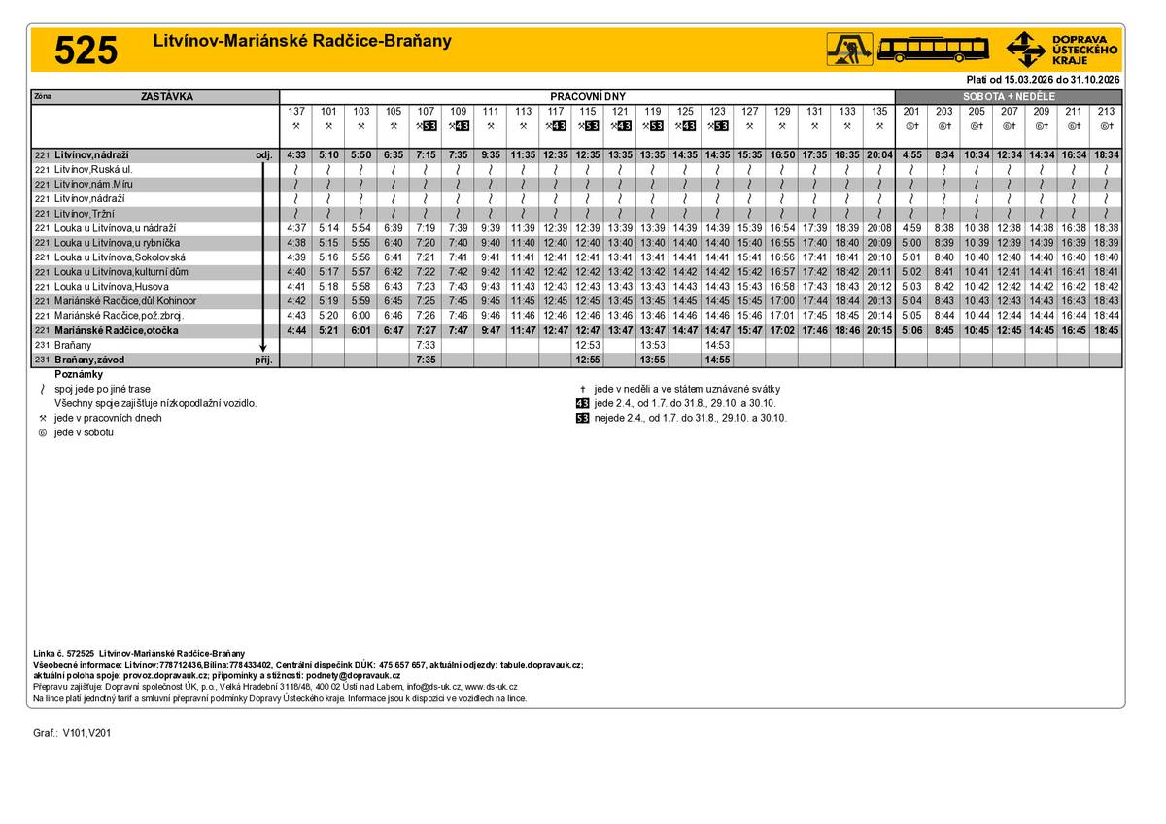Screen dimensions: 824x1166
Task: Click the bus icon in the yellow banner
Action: pyautogui.click(x=933, y=48)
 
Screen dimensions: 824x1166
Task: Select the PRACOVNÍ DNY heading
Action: pyautogui.click(x=587, y=97)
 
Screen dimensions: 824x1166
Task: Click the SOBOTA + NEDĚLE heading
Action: pyautogui.click(x=1008, y=97)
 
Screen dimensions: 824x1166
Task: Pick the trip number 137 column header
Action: pyautogui.click(x=296, y=112)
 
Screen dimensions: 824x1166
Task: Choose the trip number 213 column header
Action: pyautogui.click(x=1106, y=112)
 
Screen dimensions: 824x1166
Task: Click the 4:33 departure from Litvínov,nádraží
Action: pyautogui.click(x=296, y=155)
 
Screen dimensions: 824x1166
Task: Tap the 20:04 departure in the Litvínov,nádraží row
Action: pyautogui.click(x=878, y=155)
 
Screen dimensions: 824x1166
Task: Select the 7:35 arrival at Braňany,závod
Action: pyautogui.click(x=426, y=360)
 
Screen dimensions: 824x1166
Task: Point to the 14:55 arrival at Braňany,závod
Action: pyautogui.click(x=717, y=360)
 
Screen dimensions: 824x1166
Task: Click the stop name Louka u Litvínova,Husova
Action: pyautogui.click(x=112, y=287)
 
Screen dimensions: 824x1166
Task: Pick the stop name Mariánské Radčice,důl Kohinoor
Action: pyautogui.click(x=125, y=301)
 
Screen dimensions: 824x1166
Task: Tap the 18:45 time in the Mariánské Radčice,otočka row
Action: pyautogui.click(x=1106, y=330)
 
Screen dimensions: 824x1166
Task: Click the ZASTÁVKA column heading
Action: pyautogui.click(x=167, y=97)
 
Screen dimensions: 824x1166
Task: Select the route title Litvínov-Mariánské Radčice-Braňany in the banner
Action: pyautogui.click(x=302, y=42)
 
